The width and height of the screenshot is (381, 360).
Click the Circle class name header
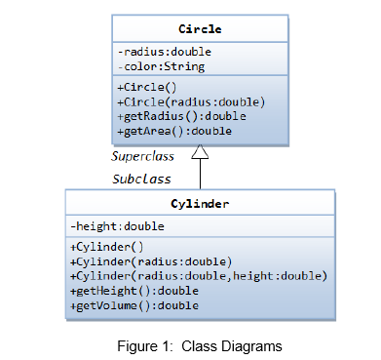coord(200,29)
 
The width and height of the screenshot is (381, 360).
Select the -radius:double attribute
coord(164,52)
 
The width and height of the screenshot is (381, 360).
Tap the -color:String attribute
coord(160,66)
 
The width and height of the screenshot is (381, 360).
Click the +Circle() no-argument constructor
coord(148,87)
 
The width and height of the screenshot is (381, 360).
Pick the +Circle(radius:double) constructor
coord(190,101)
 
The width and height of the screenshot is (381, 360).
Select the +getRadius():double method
coord(180,116)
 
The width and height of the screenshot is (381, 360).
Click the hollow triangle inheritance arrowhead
coord(200,152)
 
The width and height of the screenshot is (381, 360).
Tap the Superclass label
coord(142,156)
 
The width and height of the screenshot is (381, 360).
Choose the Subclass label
coord(142,179)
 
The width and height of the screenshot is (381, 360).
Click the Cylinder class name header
coord(200,204)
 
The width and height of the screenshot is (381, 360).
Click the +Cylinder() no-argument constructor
coord(108,247)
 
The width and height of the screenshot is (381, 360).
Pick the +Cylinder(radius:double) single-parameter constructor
coord(151,261)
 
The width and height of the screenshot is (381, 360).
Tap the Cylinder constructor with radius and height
coord(198,276)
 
